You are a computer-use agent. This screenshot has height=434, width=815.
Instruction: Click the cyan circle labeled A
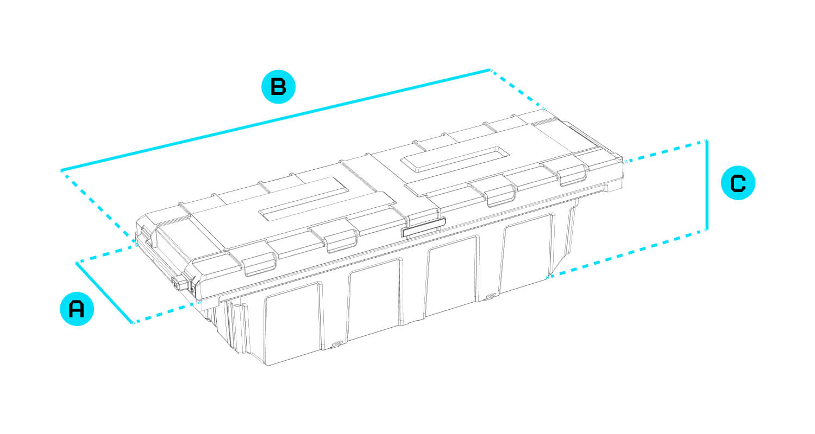[x=77, y=309]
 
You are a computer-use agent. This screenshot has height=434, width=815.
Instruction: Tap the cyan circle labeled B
[x=278, y=87]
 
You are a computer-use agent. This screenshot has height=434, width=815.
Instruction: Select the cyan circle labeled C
[x=738, y=183]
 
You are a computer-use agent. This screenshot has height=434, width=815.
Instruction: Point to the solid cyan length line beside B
[x=275, y=119]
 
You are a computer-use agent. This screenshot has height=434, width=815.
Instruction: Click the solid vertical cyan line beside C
[x=706, y=185]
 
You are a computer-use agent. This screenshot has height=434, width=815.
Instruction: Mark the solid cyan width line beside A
[x=104, y=292]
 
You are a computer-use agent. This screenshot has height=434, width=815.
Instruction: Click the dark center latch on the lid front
[x=423, y=227]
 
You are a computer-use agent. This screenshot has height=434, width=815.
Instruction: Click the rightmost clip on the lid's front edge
[x=573, y=175]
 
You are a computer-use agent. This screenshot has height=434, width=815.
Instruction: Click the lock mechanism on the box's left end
[x=184, y=283]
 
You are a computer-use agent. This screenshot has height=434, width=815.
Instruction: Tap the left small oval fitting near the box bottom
[x=336, y=343]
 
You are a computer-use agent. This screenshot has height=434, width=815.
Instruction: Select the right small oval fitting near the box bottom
[x=491, y=297]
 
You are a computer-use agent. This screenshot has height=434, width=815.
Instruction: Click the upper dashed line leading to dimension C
[x=665, y=151]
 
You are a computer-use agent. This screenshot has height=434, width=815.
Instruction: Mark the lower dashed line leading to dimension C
[x=626, y=254]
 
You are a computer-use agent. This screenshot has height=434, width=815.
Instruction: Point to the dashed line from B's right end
[x=517, y=89]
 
